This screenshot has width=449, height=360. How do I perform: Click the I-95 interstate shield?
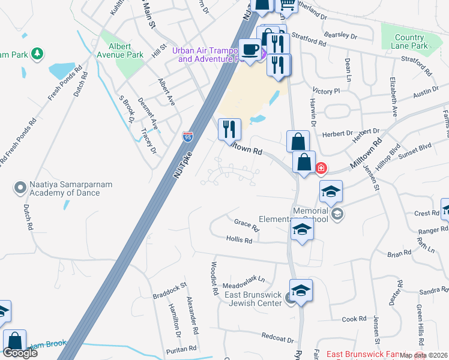(x=188, y=136)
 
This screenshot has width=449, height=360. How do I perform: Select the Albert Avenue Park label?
(x=126, y=50)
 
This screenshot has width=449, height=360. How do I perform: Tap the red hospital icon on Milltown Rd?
(x=321, y=167)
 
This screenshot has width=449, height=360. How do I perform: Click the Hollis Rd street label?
(x=239, y=239)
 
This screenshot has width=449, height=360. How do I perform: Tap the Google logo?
(x=20, y=352)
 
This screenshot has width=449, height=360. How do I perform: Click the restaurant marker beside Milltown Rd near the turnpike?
(x=229, y=128)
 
